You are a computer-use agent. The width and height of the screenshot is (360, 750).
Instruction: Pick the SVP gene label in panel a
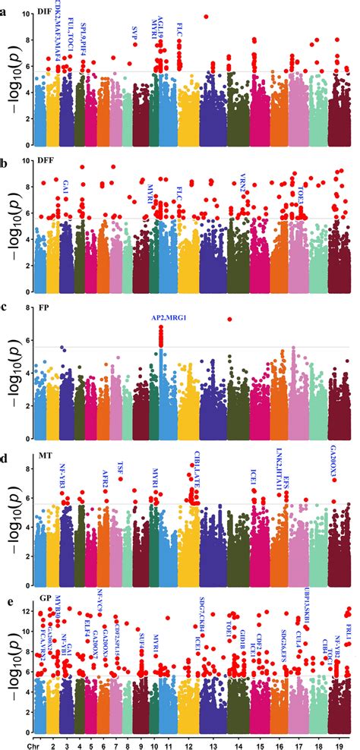click(x=135, y=30)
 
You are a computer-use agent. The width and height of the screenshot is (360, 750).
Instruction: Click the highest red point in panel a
click(x=206, y=16)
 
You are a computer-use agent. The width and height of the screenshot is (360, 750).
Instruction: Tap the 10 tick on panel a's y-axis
click(x=27, y=14)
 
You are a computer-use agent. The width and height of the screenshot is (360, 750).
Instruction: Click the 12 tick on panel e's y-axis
click(x=27, y=611)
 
